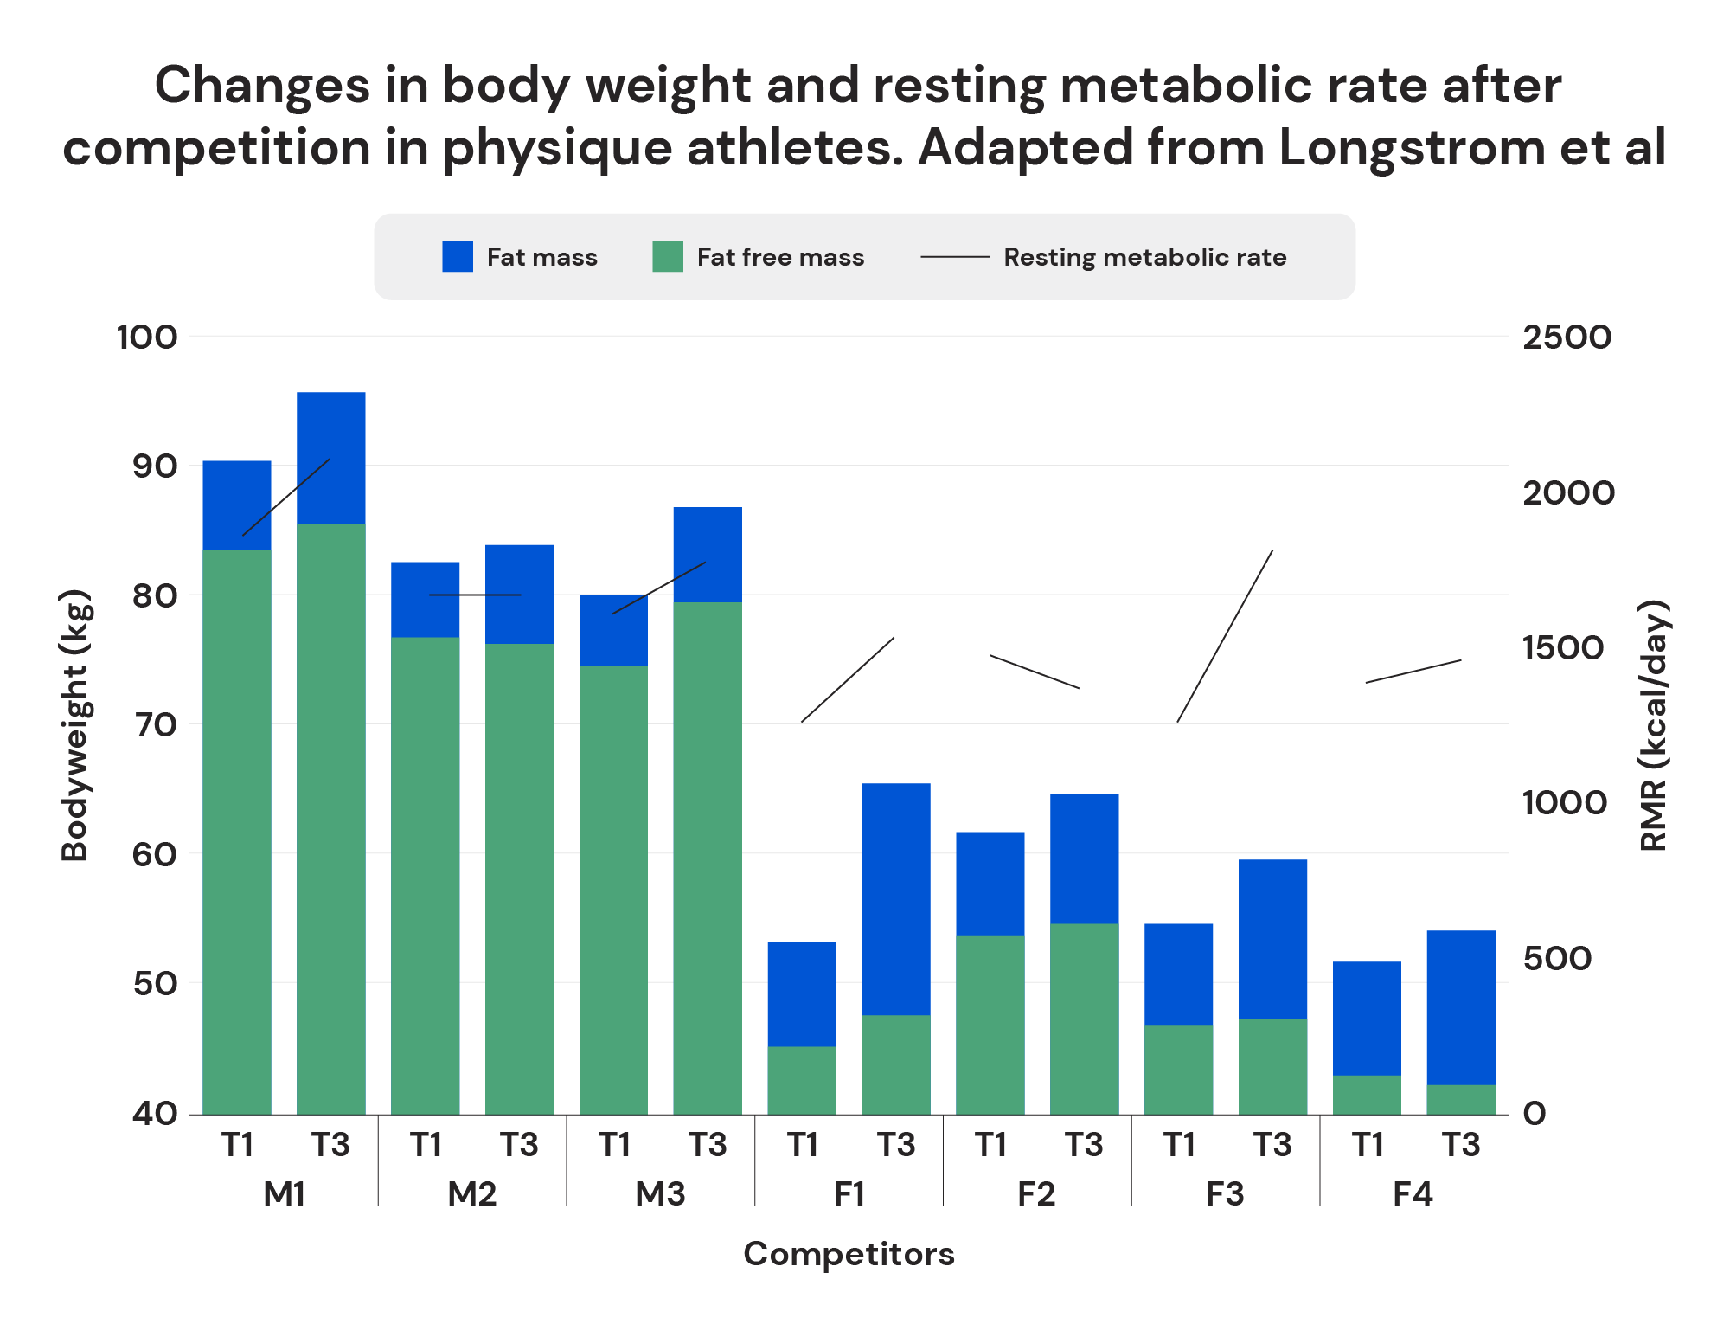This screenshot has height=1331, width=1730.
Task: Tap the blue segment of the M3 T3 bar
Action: point(708,554)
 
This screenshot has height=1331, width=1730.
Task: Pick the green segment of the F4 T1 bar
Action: point(1367,1094)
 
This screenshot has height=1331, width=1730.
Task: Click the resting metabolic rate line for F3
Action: point(1225,636)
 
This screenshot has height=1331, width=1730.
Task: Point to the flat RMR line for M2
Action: point(475,595)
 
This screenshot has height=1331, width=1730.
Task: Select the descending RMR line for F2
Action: point(1035,672)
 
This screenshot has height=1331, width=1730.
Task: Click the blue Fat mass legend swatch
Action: point(458,257)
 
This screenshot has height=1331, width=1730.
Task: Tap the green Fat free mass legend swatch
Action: point(668,257)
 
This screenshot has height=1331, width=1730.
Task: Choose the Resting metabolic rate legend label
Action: point(1144,257)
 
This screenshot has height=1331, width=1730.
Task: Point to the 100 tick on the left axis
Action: point(147,337)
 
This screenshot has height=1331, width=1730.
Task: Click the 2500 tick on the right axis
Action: point(1567,337)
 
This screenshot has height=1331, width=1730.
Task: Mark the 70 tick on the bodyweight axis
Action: point(155,724)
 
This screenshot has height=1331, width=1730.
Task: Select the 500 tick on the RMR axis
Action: point(1557,958)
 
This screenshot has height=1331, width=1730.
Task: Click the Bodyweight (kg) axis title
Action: point(75,725)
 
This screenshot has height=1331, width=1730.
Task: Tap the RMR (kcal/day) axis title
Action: point(1653,725)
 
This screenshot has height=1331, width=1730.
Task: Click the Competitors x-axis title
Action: point(849,1253)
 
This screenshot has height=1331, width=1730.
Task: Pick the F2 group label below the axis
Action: point(1036,1194)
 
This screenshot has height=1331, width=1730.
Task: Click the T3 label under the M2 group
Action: point(519,1145)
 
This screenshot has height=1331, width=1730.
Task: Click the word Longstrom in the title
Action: point(1412,147)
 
